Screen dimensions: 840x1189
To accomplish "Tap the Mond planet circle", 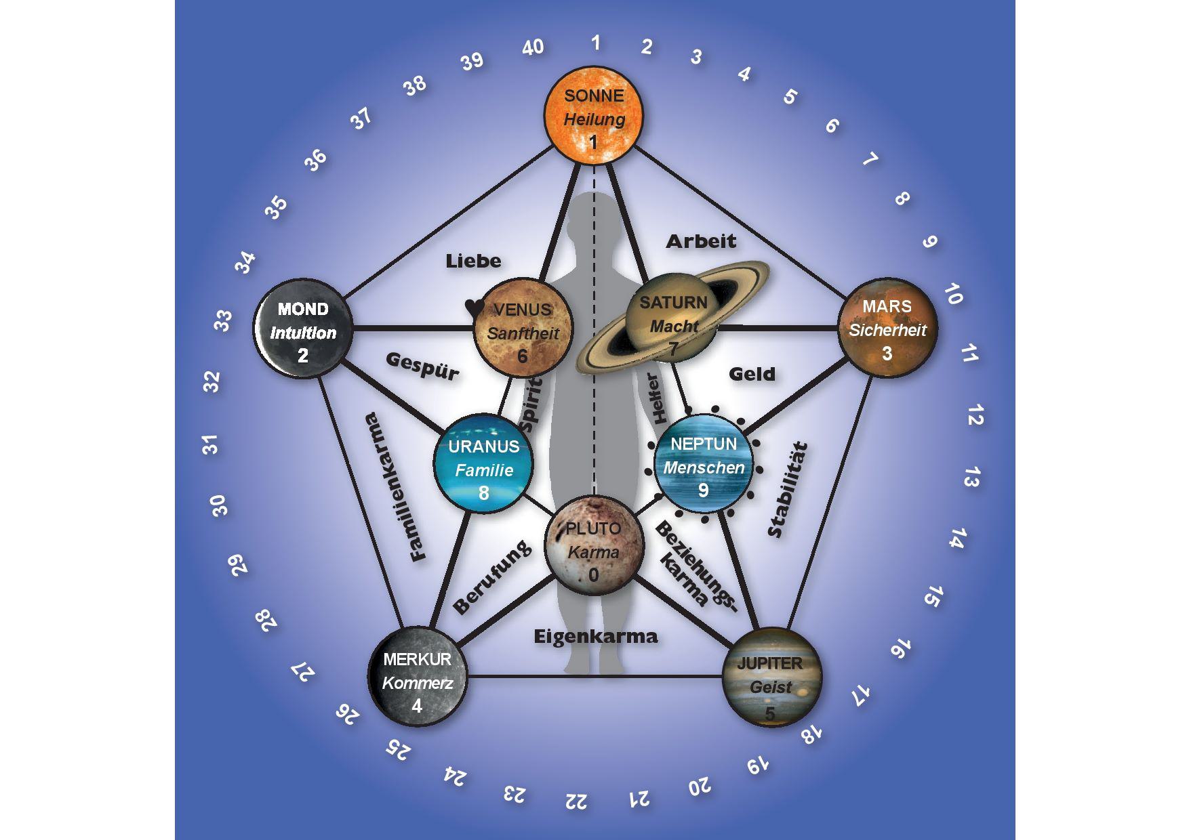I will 303,329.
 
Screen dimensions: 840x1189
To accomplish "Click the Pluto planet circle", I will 593,547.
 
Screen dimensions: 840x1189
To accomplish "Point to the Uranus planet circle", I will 483,463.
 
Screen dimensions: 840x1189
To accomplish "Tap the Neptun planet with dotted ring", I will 704,463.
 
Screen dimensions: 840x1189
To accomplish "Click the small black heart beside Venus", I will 474,308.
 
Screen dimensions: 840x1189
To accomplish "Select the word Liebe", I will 473,261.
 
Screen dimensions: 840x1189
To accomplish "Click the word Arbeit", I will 700,240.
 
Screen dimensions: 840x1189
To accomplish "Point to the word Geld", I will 752,373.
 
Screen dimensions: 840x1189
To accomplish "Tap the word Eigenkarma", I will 595,637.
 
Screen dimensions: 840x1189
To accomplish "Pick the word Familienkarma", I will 396,486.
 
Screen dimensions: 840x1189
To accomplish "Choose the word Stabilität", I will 788,489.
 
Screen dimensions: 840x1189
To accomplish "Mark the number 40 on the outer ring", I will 533,47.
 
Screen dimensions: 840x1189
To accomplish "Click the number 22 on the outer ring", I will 576,801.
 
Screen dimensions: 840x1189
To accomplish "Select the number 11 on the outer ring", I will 969,353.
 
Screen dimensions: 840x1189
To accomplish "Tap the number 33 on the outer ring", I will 223,320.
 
